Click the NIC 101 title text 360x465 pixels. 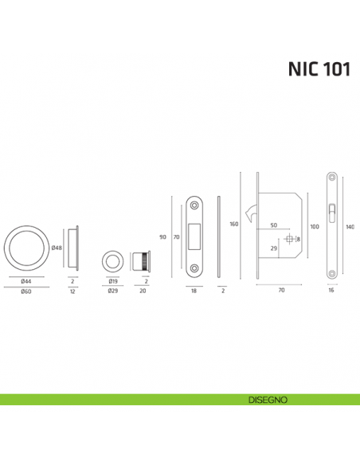(x=319, y=69)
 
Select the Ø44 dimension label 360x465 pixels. (x=26, y=281)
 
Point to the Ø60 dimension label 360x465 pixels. (x=26, y=291)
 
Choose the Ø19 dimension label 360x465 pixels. (x=113, y=281)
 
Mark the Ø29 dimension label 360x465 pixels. (x=113, y=291)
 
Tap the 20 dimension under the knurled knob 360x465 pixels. (x=143, y=291)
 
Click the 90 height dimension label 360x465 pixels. (x=163, y=236)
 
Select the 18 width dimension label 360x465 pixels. (x=193, y=291)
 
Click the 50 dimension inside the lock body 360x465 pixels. (x=273, y=225)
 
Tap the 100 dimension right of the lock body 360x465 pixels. (x=314, y=228)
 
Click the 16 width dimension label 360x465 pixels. (x=331, y=291)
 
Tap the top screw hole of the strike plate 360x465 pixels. (x=193, y=205)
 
